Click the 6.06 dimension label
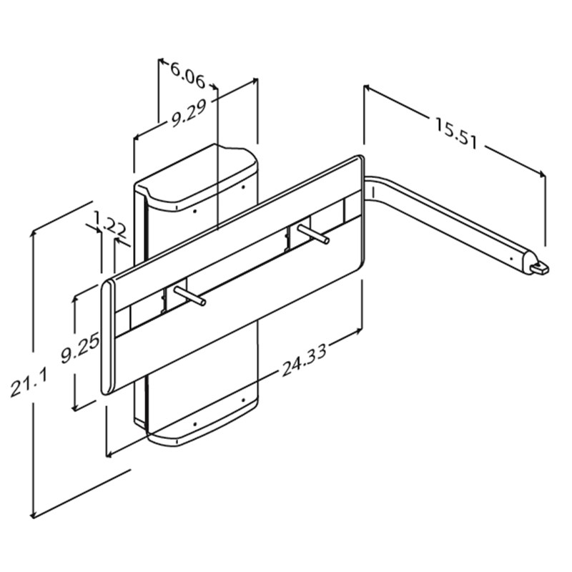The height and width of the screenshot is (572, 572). coord(187,76)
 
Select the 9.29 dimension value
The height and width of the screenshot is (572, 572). coord(189,113)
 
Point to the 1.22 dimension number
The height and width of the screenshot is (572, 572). coord(110,224)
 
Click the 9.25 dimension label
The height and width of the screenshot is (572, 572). coord(80,349)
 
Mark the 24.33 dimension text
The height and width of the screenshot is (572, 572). coord(304,360)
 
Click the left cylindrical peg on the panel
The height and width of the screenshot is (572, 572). coord(189,295)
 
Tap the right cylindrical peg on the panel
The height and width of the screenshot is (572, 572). coord(313,234)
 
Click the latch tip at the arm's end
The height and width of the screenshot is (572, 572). coord(541,269)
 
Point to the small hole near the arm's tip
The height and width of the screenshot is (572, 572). coord(511,259)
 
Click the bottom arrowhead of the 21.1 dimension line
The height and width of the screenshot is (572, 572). coord(34,515)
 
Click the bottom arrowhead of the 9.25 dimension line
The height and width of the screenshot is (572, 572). coord(74,406)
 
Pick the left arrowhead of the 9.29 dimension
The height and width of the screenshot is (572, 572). coord(137,137)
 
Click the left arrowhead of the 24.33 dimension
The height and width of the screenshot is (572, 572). coord(109,454)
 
